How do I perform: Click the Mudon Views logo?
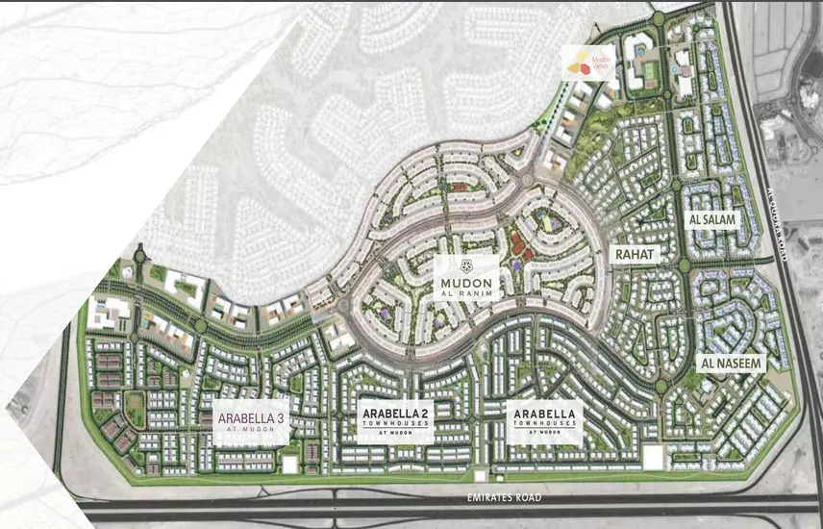pos(587,63)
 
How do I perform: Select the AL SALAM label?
pos(712,220)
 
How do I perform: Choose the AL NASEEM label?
pos(731,364)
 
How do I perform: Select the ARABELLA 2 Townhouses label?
pos(395,419)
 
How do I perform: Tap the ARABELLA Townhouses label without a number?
pos(543,419)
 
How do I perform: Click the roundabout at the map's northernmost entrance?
pos(657,17)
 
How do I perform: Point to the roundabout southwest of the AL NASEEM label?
pos(661,387)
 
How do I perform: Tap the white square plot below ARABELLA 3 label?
pos(289,463)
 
